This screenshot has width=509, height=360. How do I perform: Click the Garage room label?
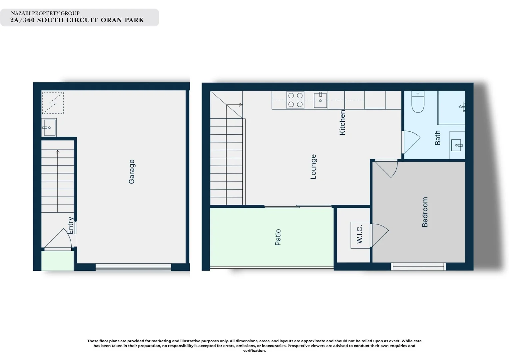132,171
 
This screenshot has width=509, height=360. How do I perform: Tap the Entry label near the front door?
70,225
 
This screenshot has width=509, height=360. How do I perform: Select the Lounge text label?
313,167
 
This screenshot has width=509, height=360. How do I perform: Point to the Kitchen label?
342,123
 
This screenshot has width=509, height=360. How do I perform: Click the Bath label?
437,138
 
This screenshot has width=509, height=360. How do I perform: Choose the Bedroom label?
425,212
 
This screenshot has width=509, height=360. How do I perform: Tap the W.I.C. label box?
360,235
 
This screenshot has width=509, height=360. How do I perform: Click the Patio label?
278,237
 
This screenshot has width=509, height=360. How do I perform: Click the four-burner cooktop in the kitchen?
295,100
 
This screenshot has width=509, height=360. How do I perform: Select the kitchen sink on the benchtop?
320,100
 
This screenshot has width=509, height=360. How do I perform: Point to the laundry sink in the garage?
49,127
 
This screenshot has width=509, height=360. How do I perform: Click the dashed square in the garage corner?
53,103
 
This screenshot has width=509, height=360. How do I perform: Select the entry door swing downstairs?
58,239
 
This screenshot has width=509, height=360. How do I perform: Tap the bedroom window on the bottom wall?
418,266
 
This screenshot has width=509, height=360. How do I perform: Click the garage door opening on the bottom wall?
133,267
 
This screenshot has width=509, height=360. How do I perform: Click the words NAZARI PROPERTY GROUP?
45,13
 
